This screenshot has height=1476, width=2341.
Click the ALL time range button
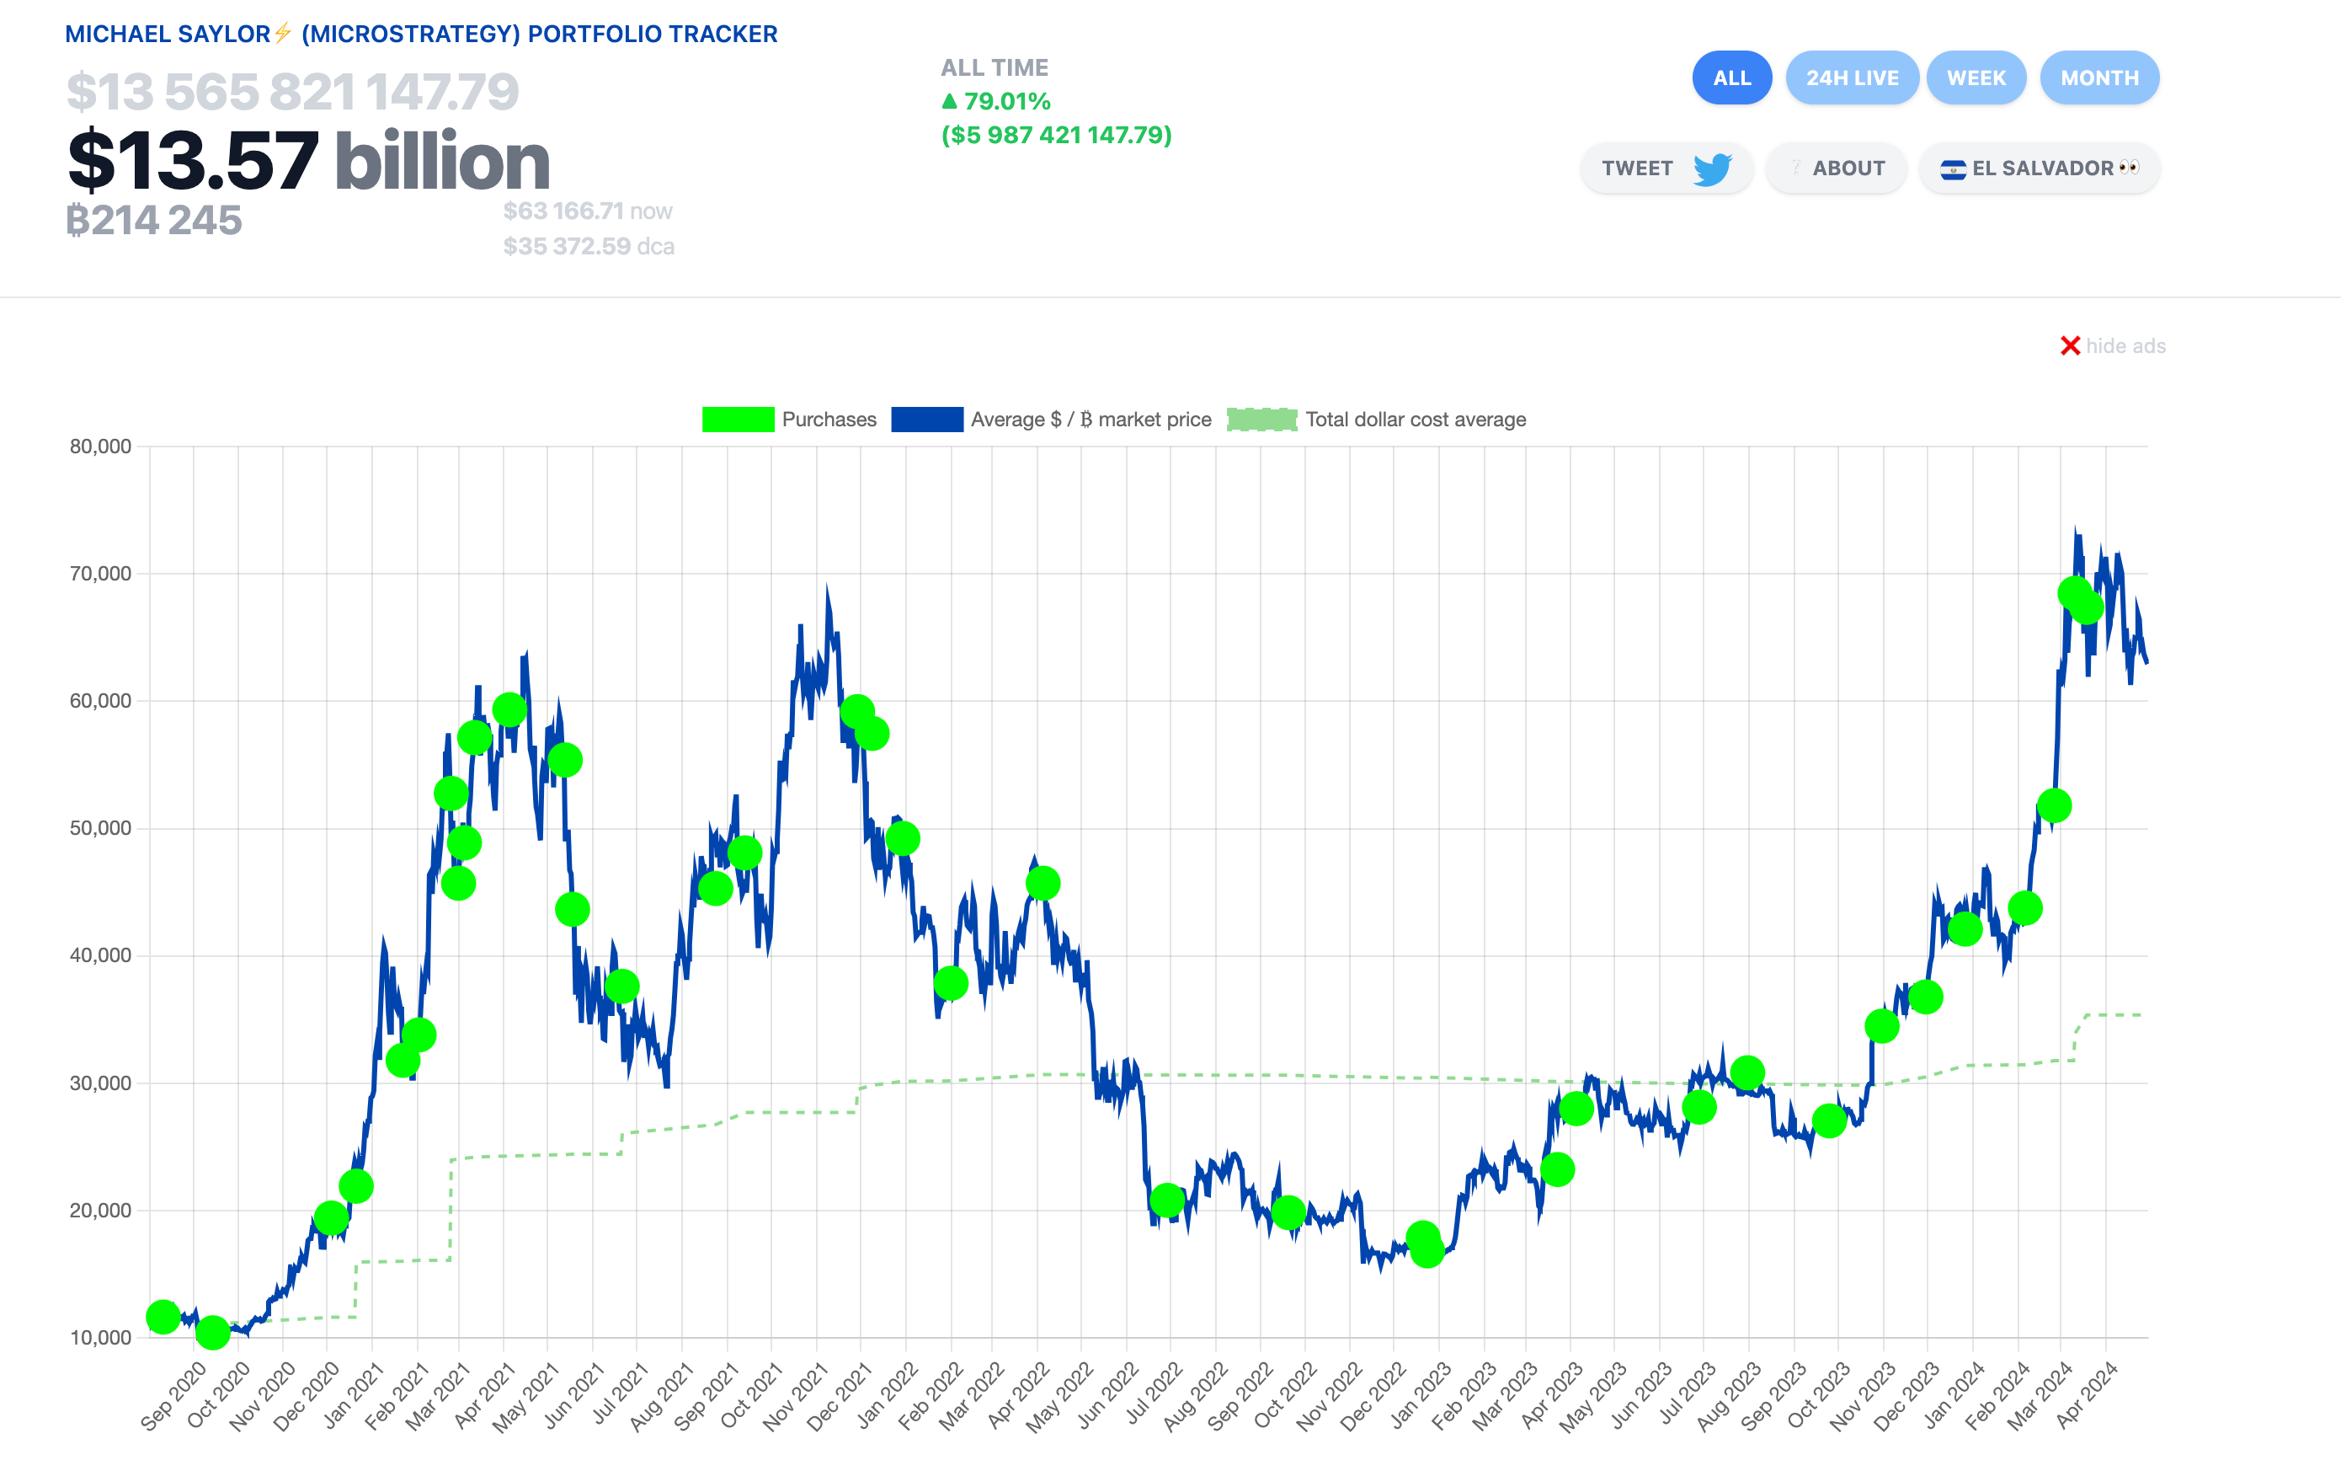1731,78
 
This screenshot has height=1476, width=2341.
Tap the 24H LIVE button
1851,78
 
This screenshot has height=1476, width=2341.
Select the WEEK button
1976,78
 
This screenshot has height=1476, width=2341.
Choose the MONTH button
2099,78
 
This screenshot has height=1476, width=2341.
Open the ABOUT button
1836,168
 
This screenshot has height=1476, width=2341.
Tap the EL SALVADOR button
2039,168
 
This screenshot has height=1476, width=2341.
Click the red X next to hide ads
2070,346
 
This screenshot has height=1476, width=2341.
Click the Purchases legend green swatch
738,419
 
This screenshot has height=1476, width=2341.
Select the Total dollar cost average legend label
1415,419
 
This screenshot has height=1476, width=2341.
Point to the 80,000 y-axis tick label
100,447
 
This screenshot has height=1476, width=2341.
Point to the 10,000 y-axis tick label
100,1337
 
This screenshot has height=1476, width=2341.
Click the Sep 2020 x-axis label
173,1396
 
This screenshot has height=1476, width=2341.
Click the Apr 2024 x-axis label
2087,1396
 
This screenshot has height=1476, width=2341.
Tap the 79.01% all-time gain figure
1006,101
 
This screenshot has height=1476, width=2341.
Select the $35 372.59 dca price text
587,246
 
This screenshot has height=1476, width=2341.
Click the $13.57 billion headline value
308,160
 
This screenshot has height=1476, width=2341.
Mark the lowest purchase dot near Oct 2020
213,1332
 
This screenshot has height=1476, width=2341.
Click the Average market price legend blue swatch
926,419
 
